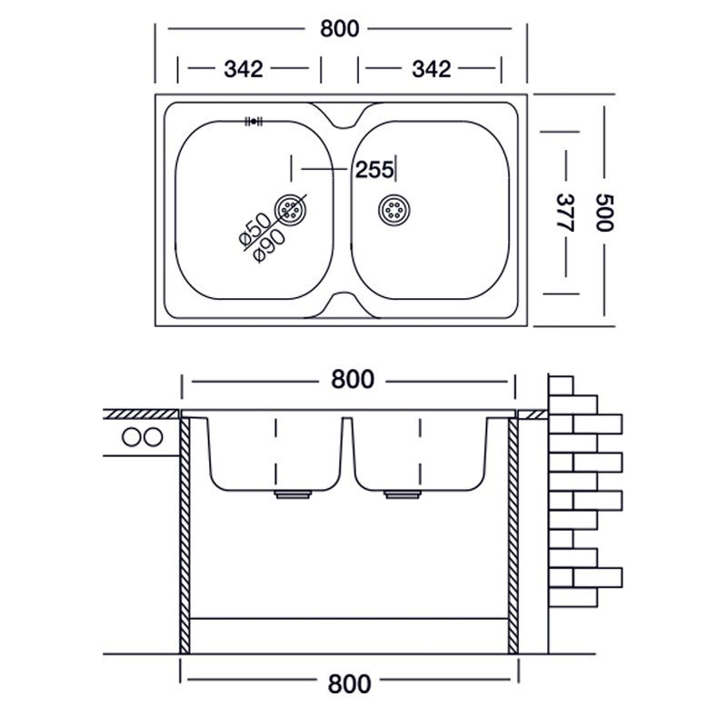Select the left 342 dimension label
243,69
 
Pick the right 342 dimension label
431,69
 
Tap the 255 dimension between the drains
373,169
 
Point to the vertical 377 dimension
565,213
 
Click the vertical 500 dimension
606,213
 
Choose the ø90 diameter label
271,244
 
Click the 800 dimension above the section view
352,381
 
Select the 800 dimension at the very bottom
352,682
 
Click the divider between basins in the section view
346,450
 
